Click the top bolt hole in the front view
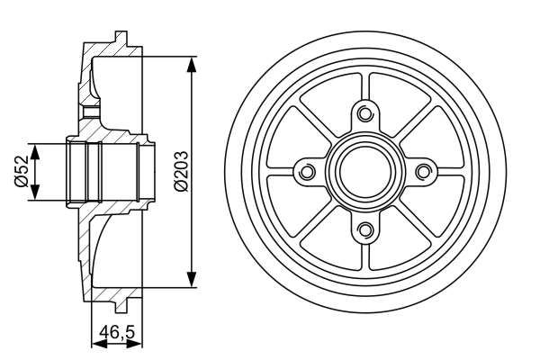(364, 113)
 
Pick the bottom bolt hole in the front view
(364, 229)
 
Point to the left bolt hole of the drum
(306, 172)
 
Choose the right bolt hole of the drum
(423, 172)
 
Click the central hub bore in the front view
(364, 172)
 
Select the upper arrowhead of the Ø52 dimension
(35, 148)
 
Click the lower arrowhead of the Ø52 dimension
(35, 194)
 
